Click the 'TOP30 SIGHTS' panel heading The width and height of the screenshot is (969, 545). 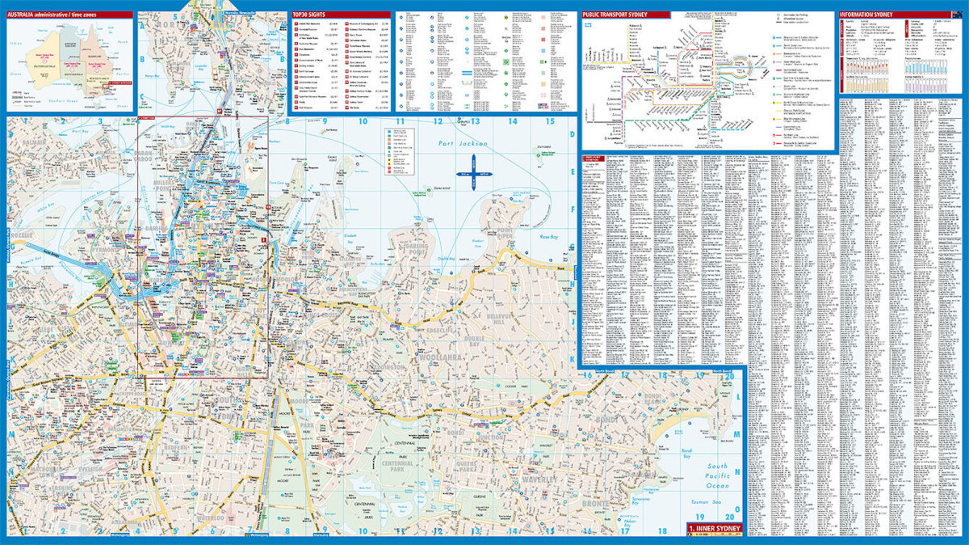pos(309,15)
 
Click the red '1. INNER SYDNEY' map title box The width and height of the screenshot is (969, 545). pos(713,530)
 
